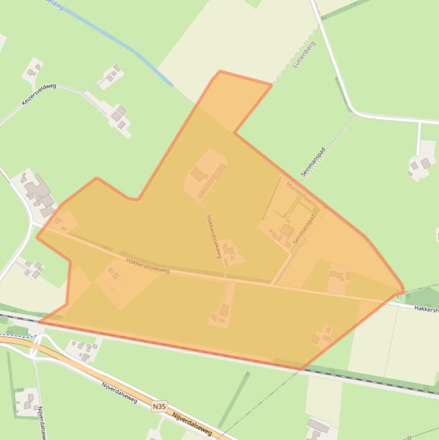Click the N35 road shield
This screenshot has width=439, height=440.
pos(159,407)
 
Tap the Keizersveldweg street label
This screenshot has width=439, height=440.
pos(39,94)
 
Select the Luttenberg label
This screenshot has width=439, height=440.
pos(304,55)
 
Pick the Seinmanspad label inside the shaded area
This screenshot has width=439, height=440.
pos(304,230)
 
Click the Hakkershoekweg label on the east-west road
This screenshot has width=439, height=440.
pos(148,266)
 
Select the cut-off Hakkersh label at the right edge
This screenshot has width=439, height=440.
pos(426,309)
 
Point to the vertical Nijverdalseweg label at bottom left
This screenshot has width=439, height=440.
pos(41,422)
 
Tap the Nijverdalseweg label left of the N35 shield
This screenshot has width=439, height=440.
pos(119,393)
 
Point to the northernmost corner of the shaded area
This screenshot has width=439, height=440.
pos(220,71)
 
